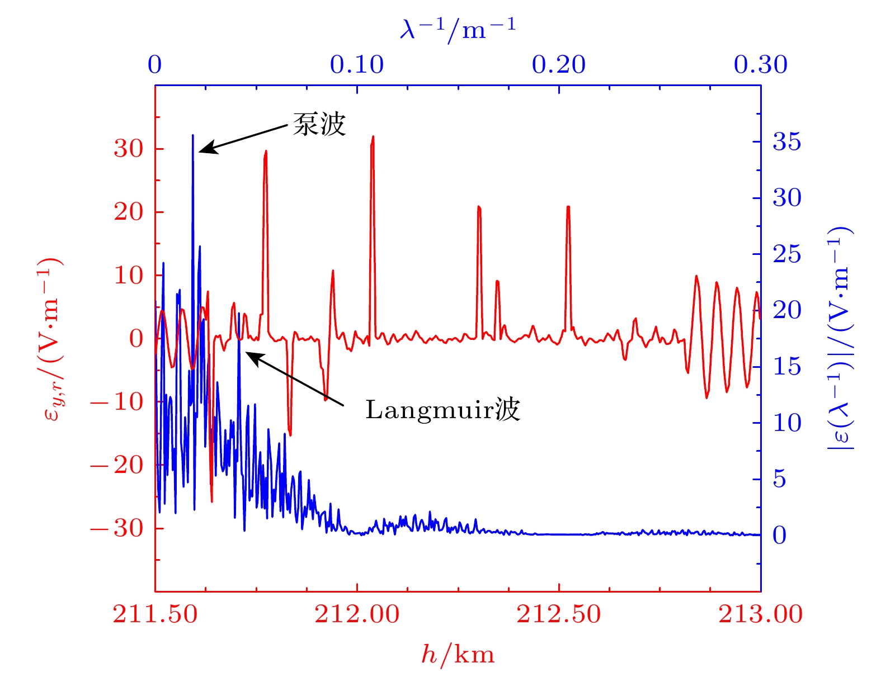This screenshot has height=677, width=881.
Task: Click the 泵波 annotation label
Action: click(319, 124)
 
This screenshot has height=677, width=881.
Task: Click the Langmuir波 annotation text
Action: click(442, 410)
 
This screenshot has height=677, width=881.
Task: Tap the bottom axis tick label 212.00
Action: click(357, 614)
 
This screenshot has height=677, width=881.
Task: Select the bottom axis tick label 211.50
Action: click(155, 614)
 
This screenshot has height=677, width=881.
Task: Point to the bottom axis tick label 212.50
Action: click(558, 614)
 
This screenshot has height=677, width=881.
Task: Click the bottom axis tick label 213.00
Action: click(760, 614)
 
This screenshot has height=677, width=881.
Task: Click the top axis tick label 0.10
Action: click(357, 65)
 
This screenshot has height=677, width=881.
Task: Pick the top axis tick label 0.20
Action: click(558, 65)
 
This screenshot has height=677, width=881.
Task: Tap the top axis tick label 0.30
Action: click(760, 65)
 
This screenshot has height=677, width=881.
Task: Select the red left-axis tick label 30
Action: click(129, 149)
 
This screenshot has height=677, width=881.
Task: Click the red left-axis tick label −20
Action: click(117, 465)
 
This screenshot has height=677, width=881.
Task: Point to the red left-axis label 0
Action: click(136, 338)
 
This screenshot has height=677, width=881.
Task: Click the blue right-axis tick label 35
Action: click(786, 142)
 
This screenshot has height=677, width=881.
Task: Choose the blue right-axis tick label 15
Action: click(786, 367)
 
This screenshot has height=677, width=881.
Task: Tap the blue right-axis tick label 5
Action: click(780, 479)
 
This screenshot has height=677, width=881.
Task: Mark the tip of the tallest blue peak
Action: click(192, 135)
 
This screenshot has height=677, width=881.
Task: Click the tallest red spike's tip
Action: click(373, 136)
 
